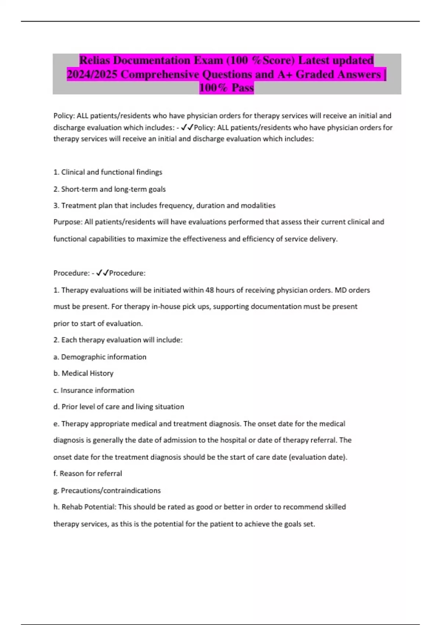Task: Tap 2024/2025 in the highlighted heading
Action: click(92, 74)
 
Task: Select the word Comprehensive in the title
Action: click(161, 74)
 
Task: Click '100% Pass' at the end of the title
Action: click(226, 88)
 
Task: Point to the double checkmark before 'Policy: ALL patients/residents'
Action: click(187, 127)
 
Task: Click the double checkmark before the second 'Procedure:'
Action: click(103, 273)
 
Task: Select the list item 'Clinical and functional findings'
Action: click(108, 172)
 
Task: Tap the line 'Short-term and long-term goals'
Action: click(110, 189)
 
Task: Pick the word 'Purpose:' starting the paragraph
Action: click(68, 222)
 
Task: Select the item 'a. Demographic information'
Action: click(100, 357)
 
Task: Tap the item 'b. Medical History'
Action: click(83, 373)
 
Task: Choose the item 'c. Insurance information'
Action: click(94, 390)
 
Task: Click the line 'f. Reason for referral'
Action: click(87, 474)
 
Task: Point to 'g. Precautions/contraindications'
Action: click(107, 490)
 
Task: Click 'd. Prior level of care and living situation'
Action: click(119, 407)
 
